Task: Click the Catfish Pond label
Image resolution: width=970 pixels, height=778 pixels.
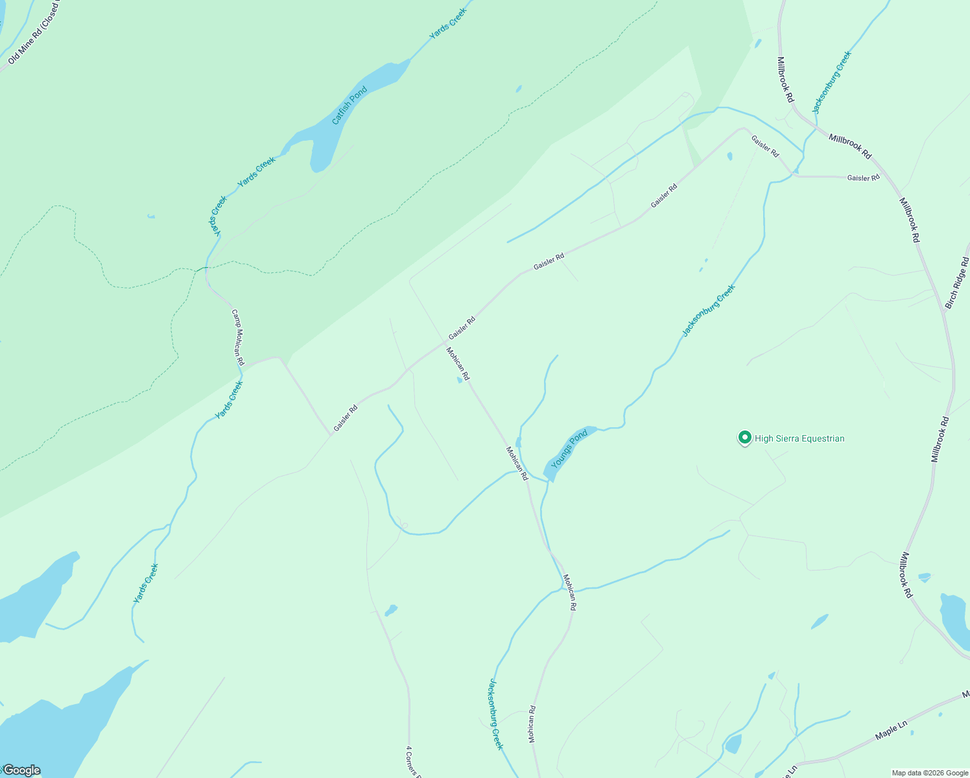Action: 349,105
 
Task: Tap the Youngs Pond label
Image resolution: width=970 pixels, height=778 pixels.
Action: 569,448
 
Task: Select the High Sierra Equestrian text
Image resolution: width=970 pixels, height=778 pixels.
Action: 799,439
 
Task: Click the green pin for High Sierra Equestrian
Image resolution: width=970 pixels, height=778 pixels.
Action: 745,438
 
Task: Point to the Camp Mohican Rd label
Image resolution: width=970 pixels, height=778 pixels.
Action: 238,337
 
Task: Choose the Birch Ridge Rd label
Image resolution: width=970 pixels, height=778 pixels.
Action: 956,283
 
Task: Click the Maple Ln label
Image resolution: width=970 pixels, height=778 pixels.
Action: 892,730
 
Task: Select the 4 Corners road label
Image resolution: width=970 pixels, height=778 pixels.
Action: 410,762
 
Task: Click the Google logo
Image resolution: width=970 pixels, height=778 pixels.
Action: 21,770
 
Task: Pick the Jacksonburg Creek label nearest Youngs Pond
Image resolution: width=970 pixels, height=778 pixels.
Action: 708,311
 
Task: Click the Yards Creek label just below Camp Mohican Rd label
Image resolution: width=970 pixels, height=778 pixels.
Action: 229,400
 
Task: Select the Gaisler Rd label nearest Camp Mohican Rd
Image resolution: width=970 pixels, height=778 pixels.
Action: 346,419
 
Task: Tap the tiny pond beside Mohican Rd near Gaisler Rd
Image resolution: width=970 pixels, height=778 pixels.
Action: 460,381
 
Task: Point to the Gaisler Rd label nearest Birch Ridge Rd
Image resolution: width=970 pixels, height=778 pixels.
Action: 863,178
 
